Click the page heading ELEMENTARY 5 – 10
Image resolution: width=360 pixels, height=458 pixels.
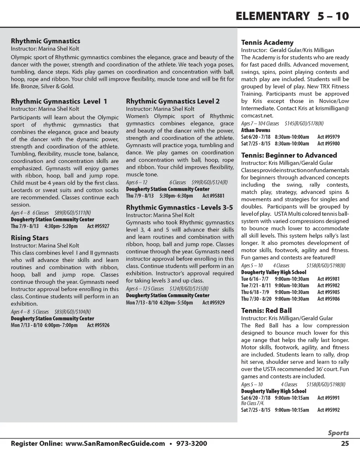click(292, 16)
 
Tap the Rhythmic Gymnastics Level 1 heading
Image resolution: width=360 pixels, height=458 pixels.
click(59, 102)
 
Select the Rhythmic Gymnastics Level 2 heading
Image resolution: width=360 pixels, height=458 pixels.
click(173, 102)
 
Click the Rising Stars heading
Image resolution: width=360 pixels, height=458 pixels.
click(30, 238)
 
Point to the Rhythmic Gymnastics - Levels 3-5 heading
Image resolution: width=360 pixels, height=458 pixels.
click(179, 208)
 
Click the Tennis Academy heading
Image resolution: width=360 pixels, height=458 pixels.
click(267, 43)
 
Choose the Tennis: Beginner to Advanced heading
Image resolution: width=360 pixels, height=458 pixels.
click(289, 155)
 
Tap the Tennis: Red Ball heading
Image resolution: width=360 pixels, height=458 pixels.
click(266, 311)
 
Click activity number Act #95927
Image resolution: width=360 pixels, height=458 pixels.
click(98, 226)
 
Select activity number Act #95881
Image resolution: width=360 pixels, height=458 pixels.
click(213, 196)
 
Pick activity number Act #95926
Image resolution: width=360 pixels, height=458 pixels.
click(98, 325)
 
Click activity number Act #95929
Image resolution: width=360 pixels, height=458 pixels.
click(213, 303)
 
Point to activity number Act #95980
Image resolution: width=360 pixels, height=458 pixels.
click(328, 144)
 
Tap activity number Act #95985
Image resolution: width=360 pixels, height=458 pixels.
click(328, 292)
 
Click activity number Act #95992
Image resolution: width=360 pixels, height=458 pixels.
click(328, 410)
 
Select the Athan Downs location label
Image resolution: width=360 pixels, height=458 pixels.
click(256, 130)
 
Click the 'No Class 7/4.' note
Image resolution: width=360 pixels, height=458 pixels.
click(252, 404)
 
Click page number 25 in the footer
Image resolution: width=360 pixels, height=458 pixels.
click(345, 444)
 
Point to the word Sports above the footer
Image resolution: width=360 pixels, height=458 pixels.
click(339, 433)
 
